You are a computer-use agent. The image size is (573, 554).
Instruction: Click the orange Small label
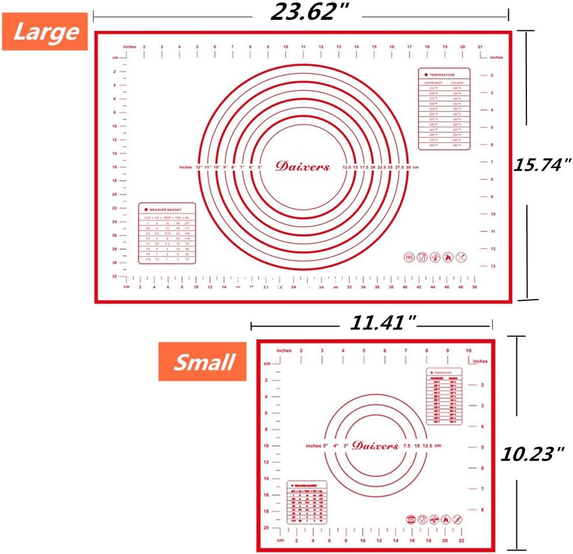202,362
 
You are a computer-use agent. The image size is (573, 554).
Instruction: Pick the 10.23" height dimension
533,453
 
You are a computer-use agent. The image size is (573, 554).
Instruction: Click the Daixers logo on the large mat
303,167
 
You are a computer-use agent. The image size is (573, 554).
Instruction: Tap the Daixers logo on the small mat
375,446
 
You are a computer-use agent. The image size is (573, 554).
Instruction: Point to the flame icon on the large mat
447,257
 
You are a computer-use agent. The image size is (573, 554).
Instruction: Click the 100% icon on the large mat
408,257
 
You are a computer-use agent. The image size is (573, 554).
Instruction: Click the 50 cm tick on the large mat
475,287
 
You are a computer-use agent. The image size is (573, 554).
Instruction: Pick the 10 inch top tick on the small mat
468,350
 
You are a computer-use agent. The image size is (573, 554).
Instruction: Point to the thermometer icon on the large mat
434,257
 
